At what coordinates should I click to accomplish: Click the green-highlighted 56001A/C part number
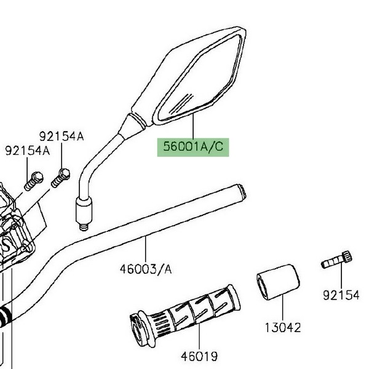193,148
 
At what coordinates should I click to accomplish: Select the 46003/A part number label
146,269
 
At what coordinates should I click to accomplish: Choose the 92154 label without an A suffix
341,296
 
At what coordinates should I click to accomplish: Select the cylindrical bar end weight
278,280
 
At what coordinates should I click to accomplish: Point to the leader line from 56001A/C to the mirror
193,126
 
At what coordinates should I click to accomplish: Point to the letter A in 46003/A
169,269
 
